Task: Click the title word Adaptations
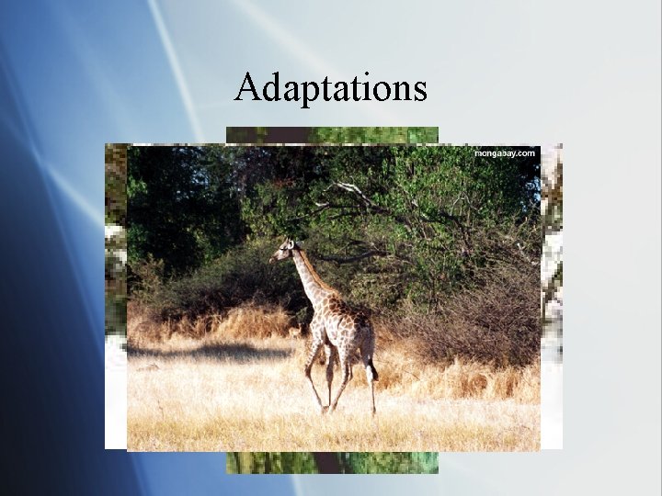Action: [x=331, y=88]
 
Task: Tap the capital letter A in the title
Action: [x=246, y=87]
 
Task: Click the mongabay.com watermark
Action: [x=504, y=153]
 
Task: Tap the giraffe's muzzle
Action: [x=274, y=259]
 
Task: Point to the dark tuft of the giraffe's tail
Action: [x=372, y=372]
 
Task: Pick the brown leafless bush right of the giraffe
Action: [x=478, y=321]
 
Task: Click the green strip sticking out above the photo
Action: [x=332, y=134]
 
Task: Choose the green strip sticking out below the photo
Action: [x=332, y=462]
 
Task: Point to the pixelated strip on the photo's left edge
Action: [x=115, y=294]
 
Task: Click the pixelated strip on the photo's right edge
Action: [x=551, y=294]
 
